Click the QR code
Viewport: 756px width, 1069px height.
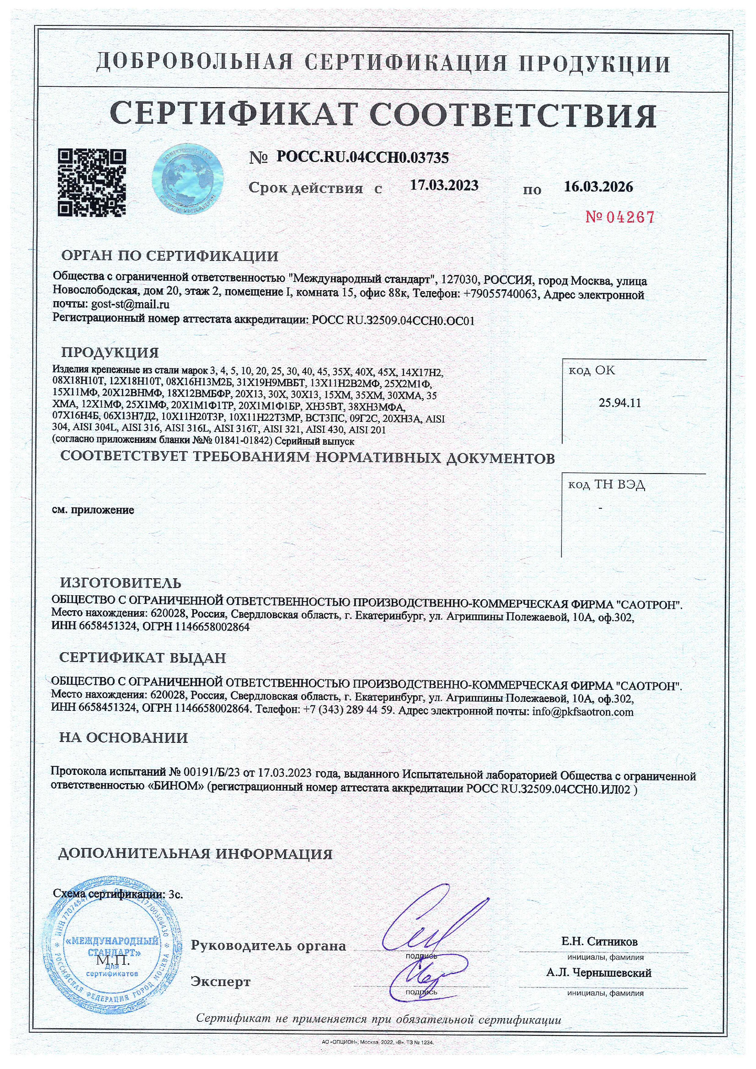tap(92, 183)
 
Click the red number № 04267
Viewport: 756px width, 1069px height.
tap(620, 217)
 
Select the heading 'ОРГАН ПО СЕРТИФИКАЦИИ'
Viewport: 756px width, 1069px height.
tap(170, 256)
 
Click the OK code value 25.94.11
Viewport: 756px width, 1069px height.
tap(620, 403)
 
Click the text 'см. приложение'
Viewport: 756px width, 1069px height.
tap(93, 510)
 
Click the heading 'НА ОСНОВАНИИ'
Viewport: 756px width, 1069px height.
tap(123, 737)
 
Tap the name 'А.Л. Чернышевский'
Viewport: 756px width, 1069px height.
tap(599, 973)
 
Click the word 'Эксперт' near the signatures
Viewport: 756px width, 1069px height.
tap(221, 982)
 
